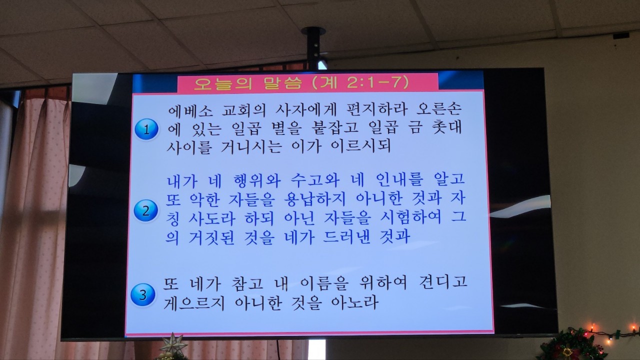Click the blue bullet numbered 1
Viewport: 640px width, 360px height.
click(x=146, y=129)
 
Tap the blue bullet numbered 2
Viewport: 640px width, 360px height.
click(x=145, y=211)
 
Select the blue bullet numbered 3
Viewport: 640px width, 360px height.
click(x=142, y=294)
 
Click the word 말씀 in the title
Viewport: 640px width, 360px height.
click(x=283, y=82)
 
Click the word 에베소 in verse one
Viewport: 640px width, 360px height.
click(x=190, y=110)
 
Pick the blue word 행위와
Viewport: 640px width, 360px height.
click(x=256, y=180)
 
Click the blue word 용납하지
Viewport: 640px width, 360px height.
click(x=314, y=198)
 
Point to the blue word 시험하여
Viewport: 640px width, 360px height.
click(x=410, y=217)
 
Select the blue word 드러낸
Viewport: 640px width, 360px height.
click(x=346, y=236)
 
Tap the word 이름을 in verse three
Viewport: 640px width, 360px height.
click(x=324, y=283)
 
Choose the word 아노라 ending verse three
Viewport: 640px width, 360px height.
click(x=354, y=302)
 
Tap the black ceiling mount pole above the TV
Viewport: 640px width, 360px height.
click(x=313, y=48)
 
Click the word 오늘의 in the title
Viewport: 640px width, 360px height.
click(x=219, y=83)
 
